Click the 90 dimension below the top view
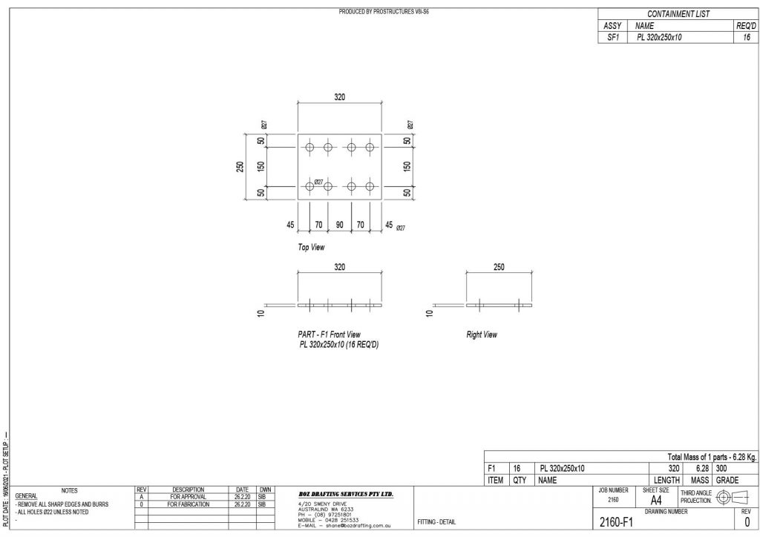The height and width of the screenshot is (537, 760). pos(339,225)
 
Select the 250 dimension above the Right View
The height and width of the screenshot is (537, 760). pos(498,268)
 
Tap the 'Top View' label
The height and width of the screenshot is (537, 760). pos(311,247)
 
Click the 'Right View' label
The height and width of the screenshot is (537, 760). pos(482,335)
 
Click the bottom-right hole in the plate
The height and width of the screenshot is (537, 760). pos(370,186)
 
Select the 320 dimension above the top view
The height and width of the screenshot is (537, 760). pos(339,97)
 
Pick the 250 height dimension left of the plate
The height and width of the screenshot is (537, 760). pos(240,167)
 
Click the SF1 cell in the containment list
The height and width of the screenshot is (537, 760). pos(612,36)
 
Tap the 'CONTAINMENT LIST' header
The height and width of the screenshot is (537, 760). pos(678,14)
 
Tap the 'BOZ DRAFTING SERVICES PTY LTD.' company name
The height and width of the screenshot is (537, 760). pos(345,494)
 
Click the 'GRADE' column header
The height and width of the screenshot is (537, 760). pos(727,481)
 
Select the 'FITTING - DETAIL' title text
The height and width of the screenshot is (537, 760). pos(436,522)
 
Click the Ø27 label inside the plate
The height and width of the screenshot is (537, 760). pos(318,182)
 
